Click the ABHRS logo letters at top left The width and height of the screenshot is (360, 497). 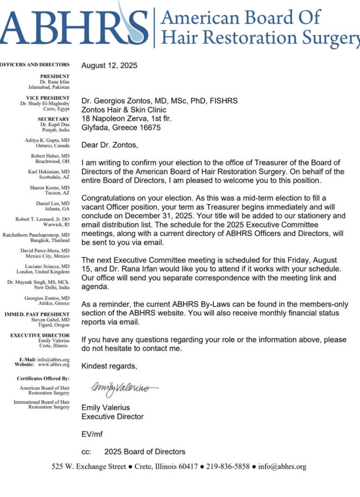click(73, 26)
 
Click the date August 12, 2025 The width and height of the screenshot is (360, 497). click(109, 65)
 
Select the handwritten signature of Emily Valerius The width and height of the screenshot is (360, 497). click(123, 388)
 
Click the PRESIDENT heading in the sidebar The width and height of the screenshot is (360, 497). click(55, 76)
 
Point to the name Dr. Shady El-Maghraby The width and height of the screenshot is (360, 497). click(45, 104)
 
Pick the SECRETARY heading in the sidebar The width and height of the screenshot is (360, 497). click(54, 119)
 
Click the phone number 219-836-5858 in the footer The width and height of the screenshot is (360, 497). click(228, 467)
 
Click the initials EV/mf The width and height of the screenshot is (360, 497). click(92, 434)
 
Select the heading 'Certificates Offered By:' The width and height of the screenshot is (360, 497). click(43, 378)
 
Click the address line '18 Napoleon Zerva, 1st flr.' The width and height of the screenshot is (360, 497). click(126, 119)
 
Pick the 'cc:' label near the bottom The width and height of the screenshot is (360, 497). click(86, 452)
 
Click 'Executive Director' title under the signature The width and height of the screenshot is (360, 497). click(113, 416)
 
